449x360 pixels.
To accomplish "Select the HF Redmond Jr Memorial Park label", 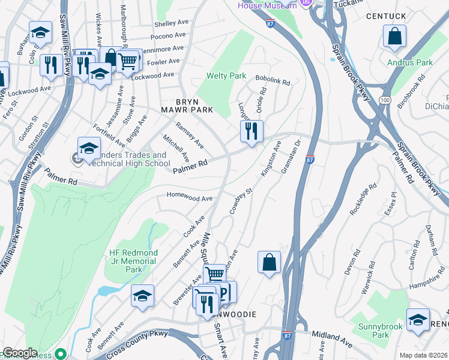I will (x=133, y=262).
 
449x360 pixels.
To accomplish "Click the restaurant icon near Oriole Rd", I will (x=252, y=130).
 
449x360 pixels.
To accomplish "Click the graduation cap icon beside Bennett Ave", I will (x=142, y=295).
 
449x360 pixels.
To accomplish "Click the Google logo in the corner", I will (x=20, y=353).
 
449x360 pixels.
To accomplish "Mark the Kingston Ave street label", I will (x=271, y=159).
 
